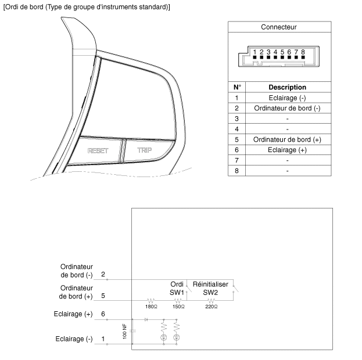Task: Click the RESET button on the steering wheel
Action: [98, 150]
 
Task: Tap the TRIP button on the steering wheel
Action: [144, 150]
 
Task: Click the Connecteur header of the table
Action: [279, 27]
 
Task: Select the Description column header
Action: [287, 87]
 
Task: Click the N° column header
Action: [237, 87]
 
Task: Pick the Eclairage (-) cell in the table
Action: [287, 98]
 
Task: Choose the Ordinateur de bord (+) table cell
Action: [287, 139]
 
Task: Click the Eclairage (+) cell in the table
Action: [287, 150]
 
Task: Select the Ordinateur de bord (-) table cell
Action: [287, 108]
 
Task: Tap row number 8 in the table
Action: [237, 171]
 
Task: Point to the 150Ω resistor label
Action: [178, 306]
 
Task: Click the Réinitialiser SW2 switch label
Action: [210, 288]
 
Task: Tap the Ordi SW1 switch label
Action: [177, 288]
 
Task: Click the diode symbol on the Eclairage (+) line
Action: [146, 319]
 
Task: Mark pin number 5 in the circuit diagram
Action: [103, 295]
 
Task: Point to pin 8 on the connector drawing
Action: [303, 52]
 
